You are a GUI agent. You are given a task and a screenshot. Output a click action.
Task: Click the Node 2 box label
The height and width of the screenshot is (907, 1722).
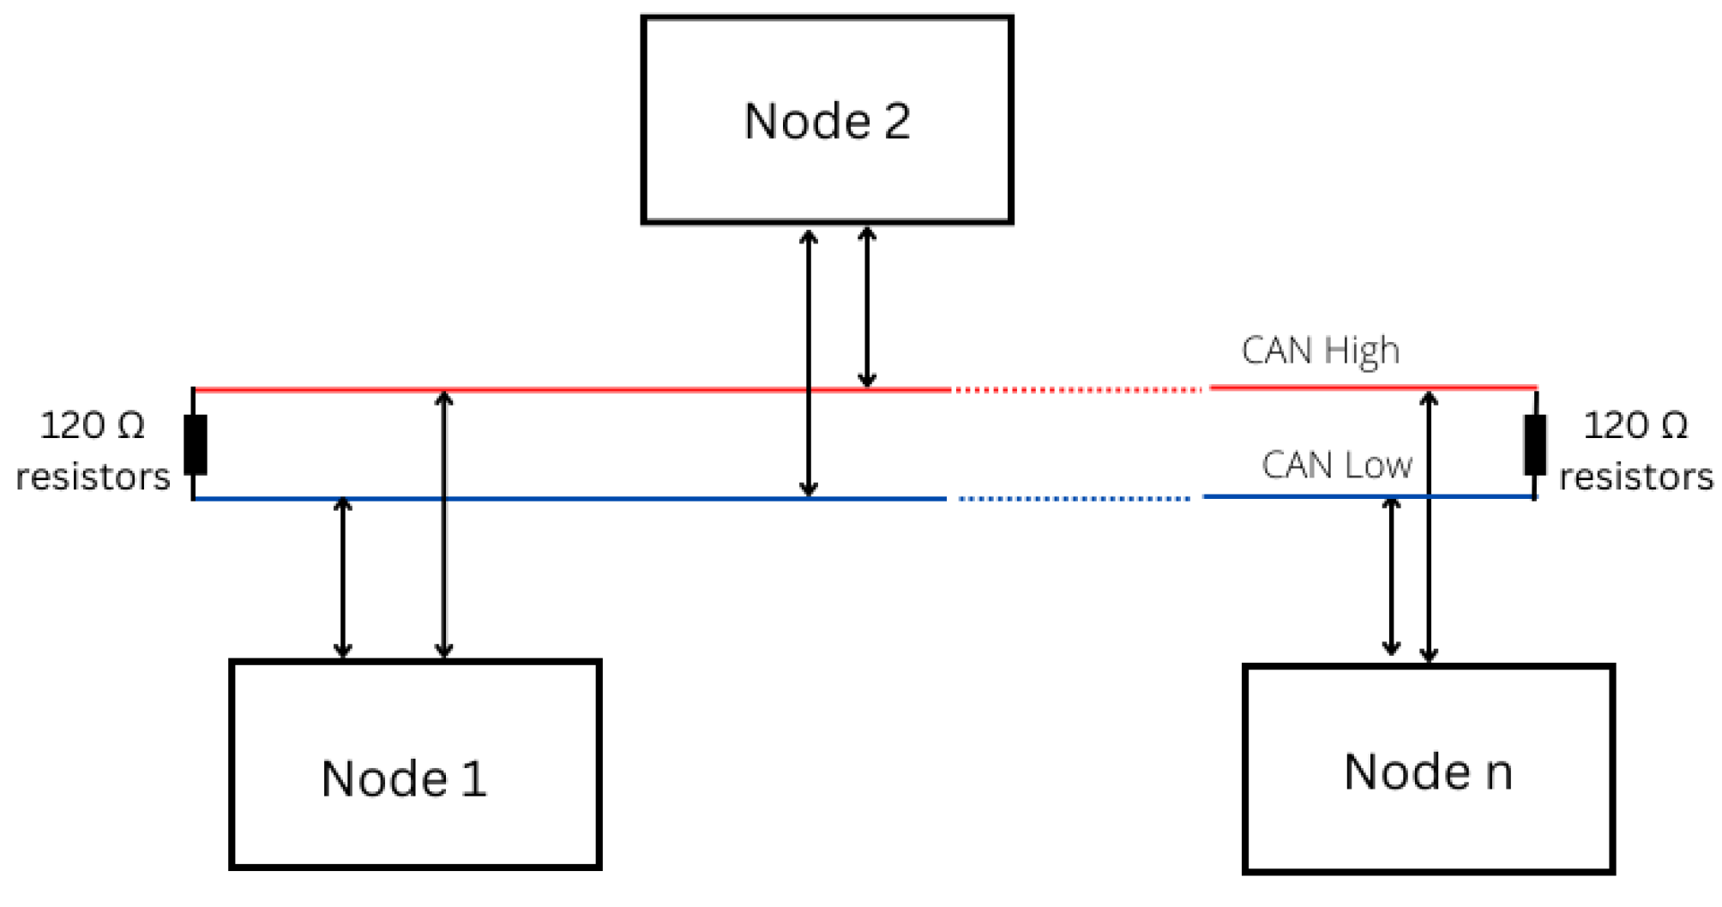click(x=827, y=121)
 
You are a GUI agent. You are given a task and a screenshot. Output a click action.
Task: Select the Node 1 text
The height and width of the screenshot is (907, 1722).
click(x=404, y=778)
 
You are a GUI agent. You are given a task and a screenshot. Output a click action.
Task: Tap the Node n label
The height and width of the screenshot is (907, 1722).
click(x=1428, y=772)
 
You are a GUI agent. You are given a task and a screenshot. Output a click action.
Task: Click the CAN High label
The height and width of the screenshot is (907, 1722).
click(x=1320, y=351)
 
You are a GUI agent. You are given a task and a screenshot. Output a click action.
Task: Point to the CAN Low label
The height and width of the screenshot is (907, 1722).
click(x=1336, y=465)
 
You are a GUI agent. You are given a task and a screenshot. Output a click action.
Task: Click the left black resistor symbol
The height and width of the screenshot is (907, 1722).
click(x=196, y=444)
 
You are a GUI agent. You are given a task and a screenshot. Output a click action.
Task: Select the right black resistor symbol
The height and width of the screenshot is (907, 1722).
click(x=1535, y=444)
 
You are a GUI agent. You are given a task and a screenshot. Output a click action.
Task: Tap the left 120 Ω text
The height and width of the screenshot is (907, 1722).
click(x=93, y=425)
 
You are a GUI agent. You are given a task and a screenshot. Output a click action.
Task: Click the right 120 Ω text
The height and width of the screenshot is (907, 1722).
click(x=1635, y=425)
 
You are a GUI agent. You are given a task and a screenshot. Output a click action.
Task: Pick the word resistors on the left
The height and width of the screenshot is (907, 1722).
click(x=93, y=477)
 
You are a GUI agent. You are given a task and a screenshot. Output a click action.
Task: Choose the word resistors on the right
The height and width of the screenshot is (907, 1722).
click(x=1635, y=477)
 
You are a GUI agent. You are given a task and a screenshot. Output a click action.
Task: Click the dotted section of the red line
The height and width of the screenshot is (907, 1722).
click(x=1078, y=390)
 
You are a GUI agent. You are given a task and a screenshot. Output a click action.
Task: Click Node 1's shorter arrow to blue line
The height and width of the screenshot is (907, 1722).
click(x=343, y=578)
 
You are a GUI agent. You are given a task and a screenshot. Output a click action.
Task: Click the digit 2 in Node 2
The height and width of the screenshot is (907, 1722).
click(x=897, y=121)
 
